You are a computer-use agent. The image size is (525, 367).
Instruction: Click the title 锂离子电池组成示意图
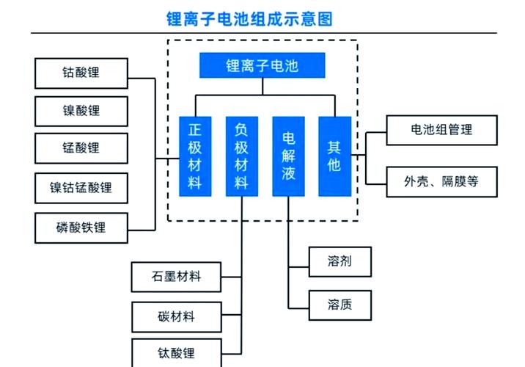249,18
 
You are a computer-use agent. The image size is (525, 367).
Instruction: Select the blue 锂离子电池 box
262,66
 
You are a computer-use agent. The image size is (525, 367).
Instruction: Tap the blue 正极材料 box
194,156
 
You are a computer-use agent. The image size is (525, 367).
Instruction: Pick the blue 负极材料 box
241,156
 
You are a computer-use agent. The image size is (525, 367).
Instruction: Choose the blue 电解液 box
288,156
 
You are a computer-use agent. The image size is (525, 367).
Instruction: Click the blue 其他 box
334,156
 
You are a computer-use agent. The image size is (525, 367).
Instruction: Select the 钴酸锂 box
81,73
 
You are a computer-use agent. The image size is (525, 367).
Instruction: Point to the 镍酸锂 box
81,111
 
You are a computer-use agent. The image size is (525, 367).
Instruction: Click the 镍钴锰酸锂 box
81,188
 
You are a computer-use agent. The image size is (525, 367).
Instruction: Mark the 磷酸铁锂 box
81,227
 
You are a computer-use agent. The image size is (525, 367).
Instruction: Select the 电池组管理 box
441,130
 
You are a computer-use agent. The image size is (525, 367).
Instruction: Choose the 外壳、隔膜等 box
441,181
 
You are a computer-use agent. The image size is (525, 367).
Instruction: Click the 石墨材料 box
176,277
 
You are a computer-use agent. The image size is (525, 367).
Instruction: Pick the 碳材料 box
176,316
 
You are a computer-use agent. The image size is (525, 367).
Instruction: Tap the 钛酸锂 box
176,353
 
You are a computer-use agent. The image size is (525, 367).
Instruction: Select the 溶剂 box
339,261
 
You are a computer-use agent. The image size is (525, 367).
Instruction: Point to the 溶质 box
339,304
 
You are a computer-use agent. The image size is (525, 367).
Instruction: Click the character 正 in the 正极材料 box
194,130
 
